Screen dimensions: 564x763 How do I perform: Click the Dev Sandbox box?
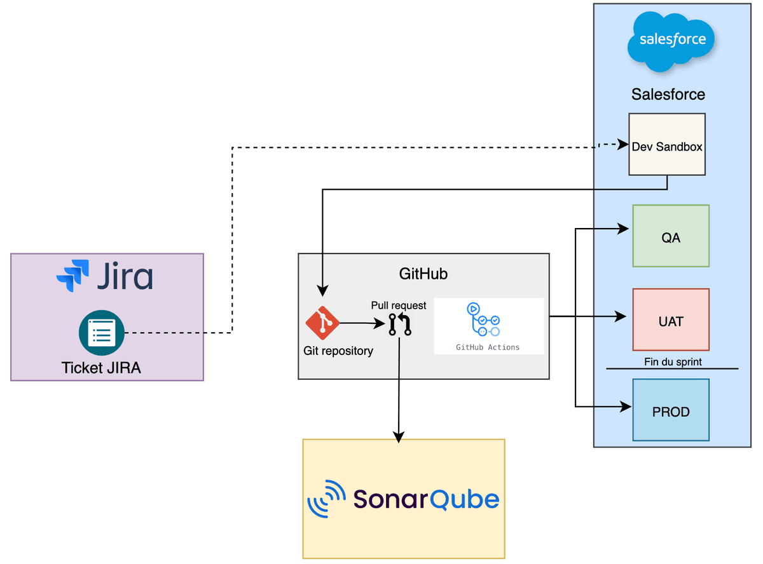pos(666,144)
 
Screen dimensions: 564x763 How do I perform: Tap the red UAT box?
pos(671,319)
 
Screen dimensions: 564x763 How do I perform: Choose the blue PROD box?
pos(671,410)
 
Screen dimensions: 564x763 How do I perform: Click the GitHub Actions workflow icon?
pos(485,319)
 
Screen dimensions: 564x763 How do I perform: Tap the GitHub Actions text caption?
pos(488,347)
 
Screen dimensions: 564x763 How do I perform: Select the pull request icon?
pos(400,324)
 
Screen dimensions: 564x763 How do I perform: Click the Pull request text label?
pos(399,305)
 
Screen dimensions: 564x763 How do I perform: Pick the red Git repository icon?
pos(322,323)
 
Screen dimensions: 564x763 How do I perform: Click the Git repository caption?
pos(338,351)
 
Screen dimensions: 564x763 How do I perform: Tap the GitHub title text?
pos(423,274)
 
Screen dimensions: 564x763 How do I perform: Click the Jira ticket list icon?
pos(102,333)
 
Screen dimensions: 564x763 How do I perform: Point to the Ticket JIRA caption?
pos(101,368)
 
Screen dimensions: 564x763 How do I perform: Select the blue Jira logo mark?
pos(73,275)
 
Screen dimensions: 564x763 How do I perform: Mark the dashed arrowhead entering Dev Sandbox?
pos(623,145)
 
